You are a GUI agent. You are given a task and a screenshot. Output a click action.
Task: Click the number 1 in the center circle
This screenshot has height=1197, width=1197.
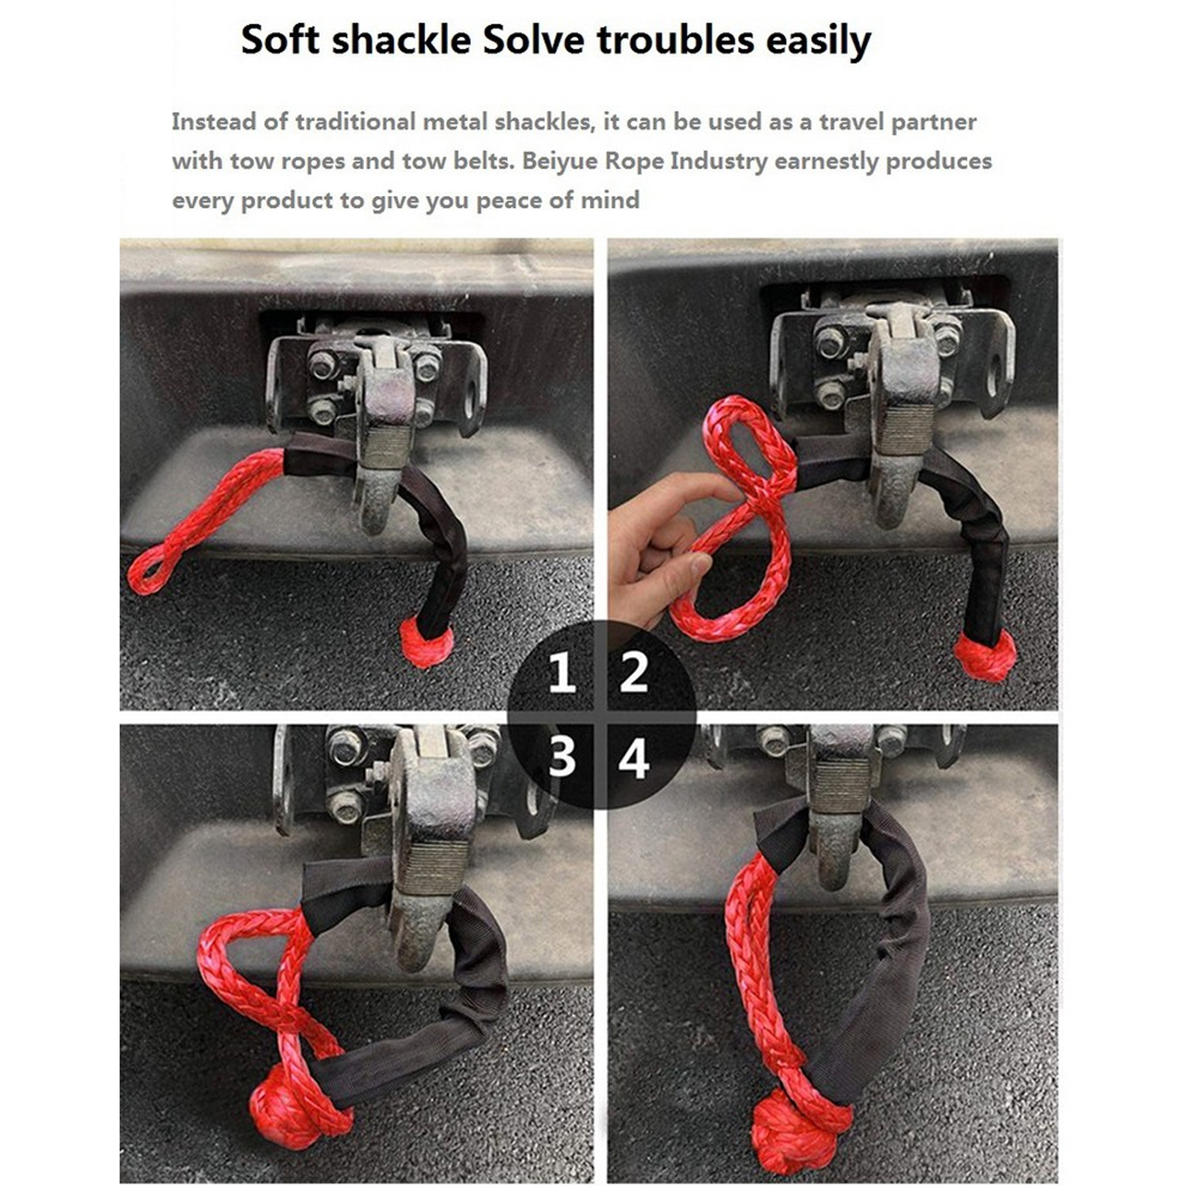click(561, 671)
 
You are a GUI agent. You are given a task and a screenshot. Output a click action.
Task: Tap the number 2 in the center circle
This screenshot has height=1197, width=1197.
click(634, 671)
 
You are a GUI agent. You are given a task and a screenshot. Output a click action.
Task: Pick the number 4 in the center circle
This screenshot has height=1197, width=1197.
click(634, 759)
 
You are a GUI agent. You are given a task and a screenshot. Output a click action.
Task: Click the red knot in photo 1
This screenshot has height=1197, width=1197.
click(426, 641)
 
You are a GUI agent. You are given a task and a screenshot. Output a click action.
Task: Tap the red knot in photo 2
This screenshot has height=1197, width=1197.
click(985, 656)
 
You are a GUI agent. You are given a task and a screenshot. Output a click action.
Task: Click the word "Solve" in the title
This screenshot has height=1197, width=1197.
click(533, 39)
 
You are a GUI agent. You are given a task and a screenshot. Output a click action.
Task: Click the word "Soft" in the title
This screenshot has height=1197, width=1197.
click(281, 39)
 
